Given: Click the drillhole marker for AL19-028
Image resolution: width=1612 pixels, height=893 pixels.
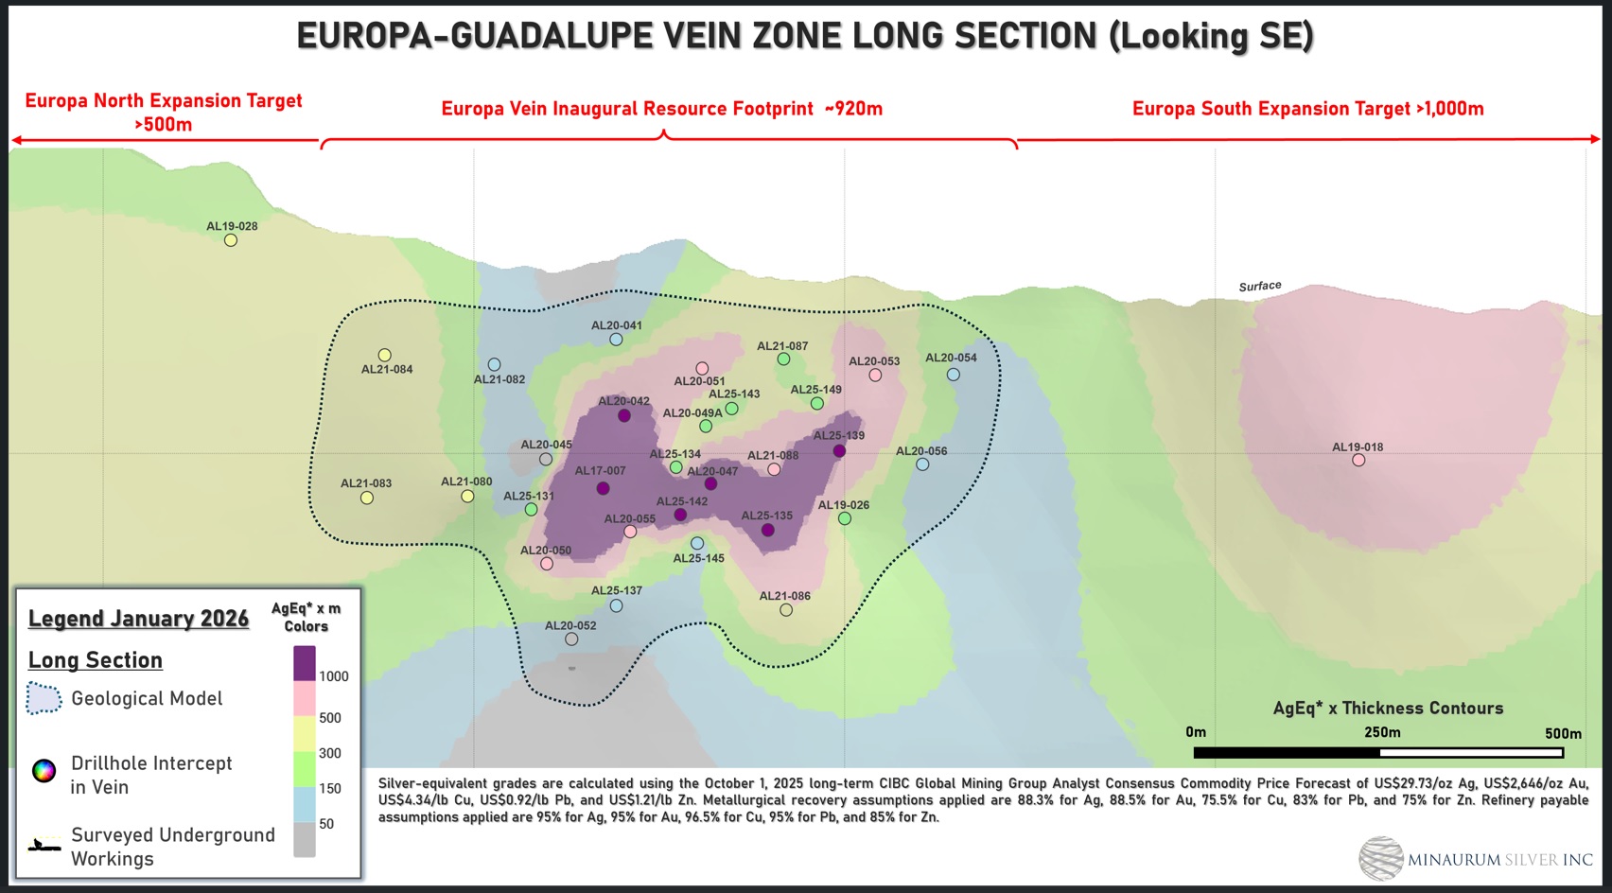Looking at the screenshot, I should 231,240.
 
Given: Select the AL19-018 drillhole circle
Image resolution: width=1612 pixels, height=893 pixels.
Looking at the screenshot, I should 1358,461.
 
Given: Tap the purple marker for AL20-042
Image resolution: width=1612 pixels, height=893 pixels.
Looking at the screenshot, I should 624,415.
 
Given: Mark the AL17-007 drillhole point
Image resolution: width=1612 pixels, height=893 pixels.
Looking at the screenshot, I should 603,488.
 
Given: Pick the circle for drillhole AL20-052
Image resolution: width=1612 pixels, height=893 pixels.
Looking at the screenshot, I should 571,639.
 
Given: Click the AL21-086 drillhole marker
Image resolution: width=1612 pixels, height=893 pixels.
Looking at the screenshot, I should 786,610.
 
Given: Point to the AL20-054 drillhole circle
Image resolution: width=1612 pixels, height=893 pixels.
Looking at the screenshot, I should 954,375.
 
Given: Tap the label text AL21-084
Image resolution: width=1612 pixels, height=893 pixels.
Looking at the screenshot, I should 387,370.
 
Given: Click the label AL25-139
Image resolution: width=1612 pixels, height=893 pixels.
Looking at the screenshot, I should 839,436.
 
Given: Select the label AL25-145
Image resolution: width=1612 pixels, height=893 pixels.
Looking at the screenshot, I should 699,559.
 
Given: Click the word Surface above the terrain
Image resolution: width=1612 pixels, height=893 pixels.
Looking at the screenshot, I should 1260,287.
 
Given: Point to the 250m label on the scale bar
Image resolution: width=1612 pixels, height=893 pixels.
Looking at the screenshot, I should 1382,732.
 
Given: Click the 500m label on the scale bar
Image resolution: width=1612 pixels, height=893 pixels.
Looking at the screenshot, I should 1563,733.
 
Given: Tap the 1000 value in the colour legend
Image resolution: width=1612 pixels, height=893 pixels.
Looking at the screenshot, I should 334,676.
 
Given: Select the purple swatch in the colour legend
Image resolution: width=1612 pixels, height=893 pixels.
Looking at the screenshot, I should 305,663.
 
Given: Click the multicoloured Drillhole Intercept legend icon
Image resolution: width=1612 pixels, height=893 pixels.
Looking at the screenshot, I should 44,771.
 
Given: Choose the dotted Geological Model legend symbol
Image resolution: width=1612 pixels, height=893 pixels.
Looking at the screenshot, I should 44,698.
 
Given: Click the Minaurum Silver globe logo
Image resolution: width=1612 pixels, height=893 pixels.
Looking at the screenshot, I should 1381,859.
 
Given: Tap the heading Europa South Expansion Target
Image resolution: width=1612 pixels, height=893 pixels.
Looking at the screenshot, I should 1307,109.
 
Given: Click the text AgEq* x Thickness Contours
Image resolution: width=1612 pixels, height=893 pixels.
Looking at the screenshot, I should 1388,709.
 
